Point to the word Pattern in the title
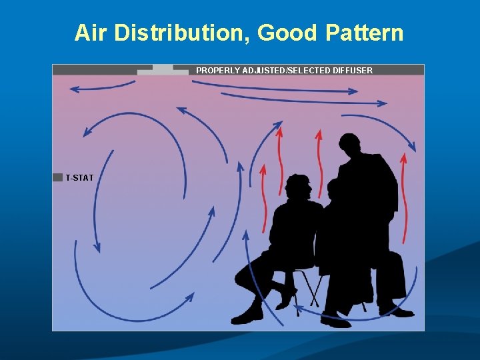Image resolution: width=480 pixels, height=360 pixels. click(x=364, y=32)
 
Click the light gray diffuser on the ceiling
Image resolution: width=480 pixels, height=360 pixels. click(x=163, y=69)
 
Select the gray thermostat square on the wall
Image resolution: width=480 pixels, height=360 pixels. click(x=57, y=177)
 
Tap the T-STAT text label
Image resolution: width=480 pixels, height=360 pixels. click(x=79, y=178)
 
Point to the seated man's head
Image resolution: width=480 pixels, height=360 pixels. click(x=297, y=187)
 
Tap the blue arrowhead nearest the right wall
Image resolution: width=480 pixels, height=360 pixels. click(x=413, y=147)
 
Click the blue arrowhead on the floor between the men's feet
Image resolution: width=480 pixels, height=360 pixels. click(x=297, y=307)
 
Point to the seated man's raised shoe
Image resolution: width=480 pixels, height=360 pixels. click(x=288, y=294)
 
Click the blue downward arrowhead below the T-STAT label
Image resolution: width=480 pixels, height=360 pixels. click(x=97, y=247)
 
